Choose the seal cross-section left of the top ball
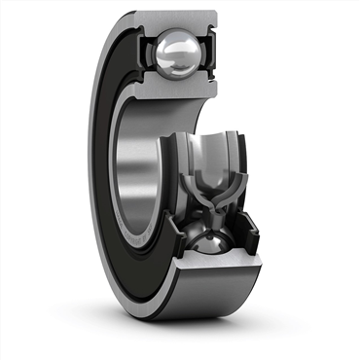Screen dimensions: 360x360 pos(147,51)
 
